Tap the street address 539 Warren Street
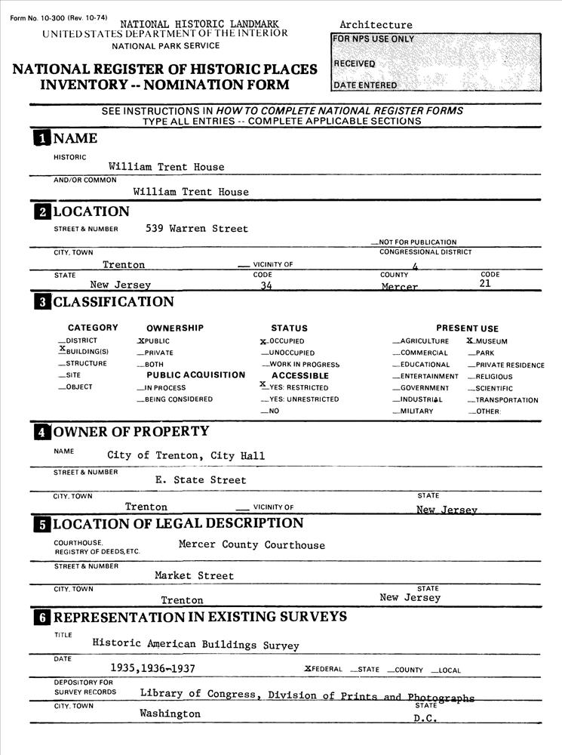(x=197, y=228)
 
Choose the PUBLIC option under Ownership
(x=153, y=341)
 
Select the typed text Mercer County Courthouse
(x=251, y=545)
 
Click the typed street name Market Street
(x=194, y=575)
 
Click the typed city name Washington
(x=170, y=713)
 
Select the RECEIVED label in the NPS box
(x=355, y=63)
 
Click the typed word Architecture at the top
(x=376, y=25)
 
